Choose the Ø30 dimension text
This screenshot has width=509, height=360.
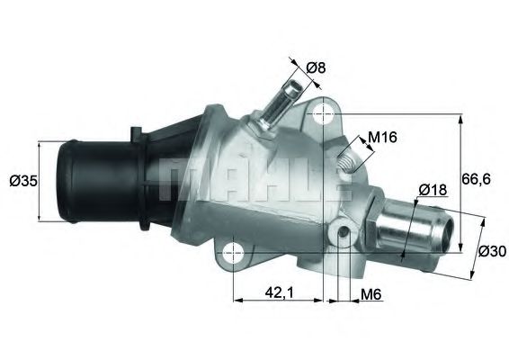491,250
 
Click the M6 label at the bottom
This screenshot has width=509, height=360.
370,292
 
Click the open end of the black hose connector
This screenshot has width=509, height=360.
63,180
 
